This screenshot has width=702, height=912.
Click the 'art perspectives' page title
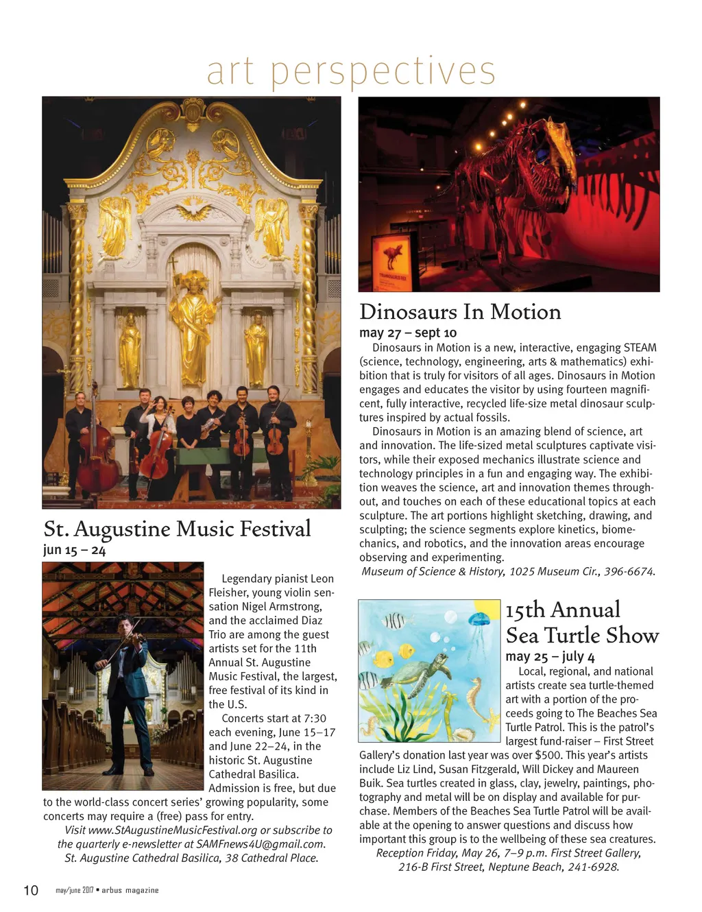click(350, 71)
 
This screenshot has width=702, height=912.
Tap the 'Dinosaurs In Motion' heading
click(460, 312)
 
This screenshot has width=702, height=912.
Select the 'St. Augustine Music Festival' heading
click(177, 529)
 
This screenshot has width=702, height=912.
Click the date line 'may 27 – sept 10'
click(408, 333)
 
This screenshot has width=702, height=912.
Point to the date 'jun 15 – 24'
click(74, 550)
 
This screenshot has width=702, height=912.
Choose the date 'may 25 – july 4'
click(550, 656)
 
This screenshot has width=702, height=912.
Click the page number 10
click(31, 890)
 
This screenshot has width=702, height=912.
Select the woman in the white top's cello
click(157, 451)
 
